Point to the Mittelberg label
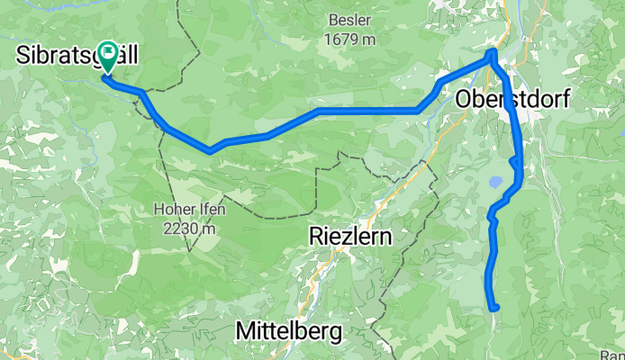pyautogui.click(x=288, y=331)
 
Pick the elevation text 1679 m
pyautogui.click(x=351, y=40)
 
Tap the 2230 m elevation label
pyautogui.click(x=189, y=229)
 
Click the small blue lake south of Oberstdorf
pyautogui.click(x=495, y=182)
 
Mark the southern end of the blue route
pyautogui.click(x=494, y=307)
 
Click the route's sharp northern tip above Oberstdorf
pyautogui.click(x=493, y=55)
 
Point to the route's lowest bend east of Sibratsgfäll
pyautogui.click(x=210, y=150)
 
